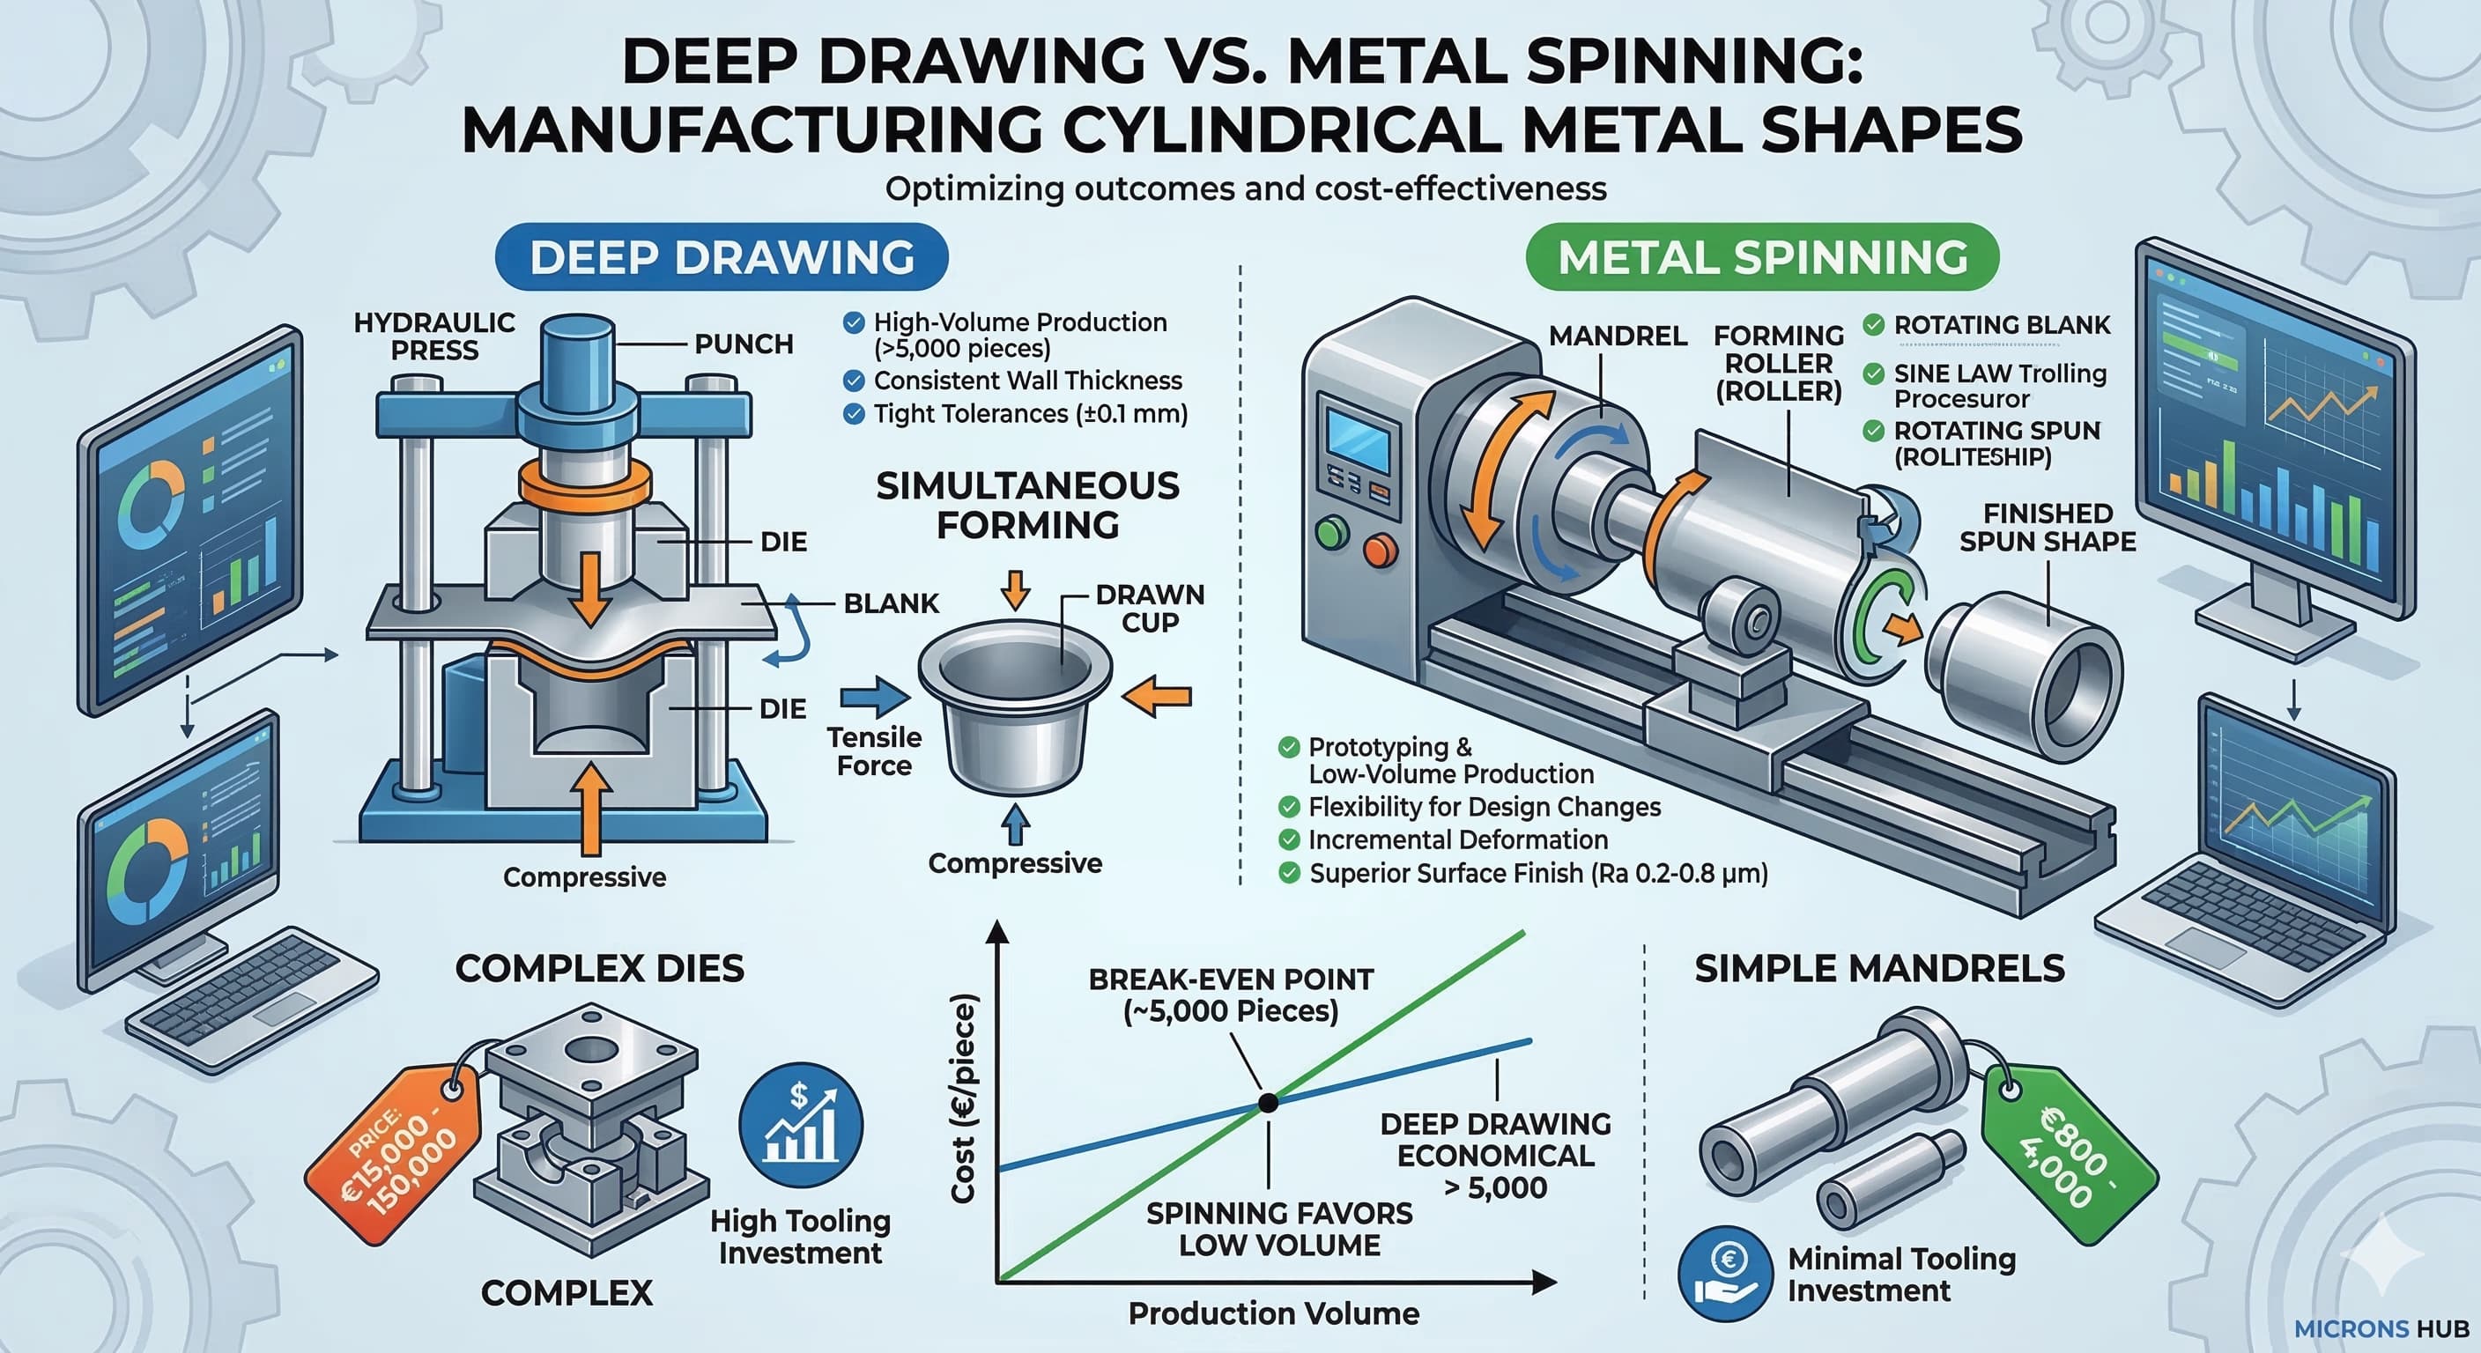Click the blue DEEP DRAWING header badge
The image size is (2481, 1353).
pos(722,257)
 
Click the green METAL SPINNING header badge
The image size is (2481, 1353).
pos(1762,257)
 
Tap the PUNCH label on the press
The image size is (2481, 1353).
pos(744,344)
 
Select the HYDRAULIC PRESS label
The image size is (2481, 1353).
pos(434,336)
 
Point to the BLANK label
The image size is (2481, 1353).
pos(891,603)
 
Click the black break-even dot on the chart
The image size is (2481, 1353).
pos(1269,1103)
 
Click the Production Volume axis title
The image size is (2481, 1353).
pos(1273,1313)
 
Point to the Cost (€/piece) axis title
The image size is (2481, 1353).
pos(964,1098)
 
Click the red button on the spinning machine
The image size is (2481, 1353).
pos(1381,550)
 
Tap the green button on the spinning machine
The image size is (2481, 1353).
pos(1332,533)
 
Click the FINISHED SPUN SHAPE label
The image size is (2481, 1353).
pos(2048,528)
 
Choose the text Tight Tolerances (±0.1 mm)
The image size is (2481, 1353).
pos(1030,414)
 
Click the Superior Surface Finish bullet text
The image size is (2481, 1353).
pos(1538,874)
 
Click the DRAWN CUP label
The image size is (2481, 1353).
pos(1150,609)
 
